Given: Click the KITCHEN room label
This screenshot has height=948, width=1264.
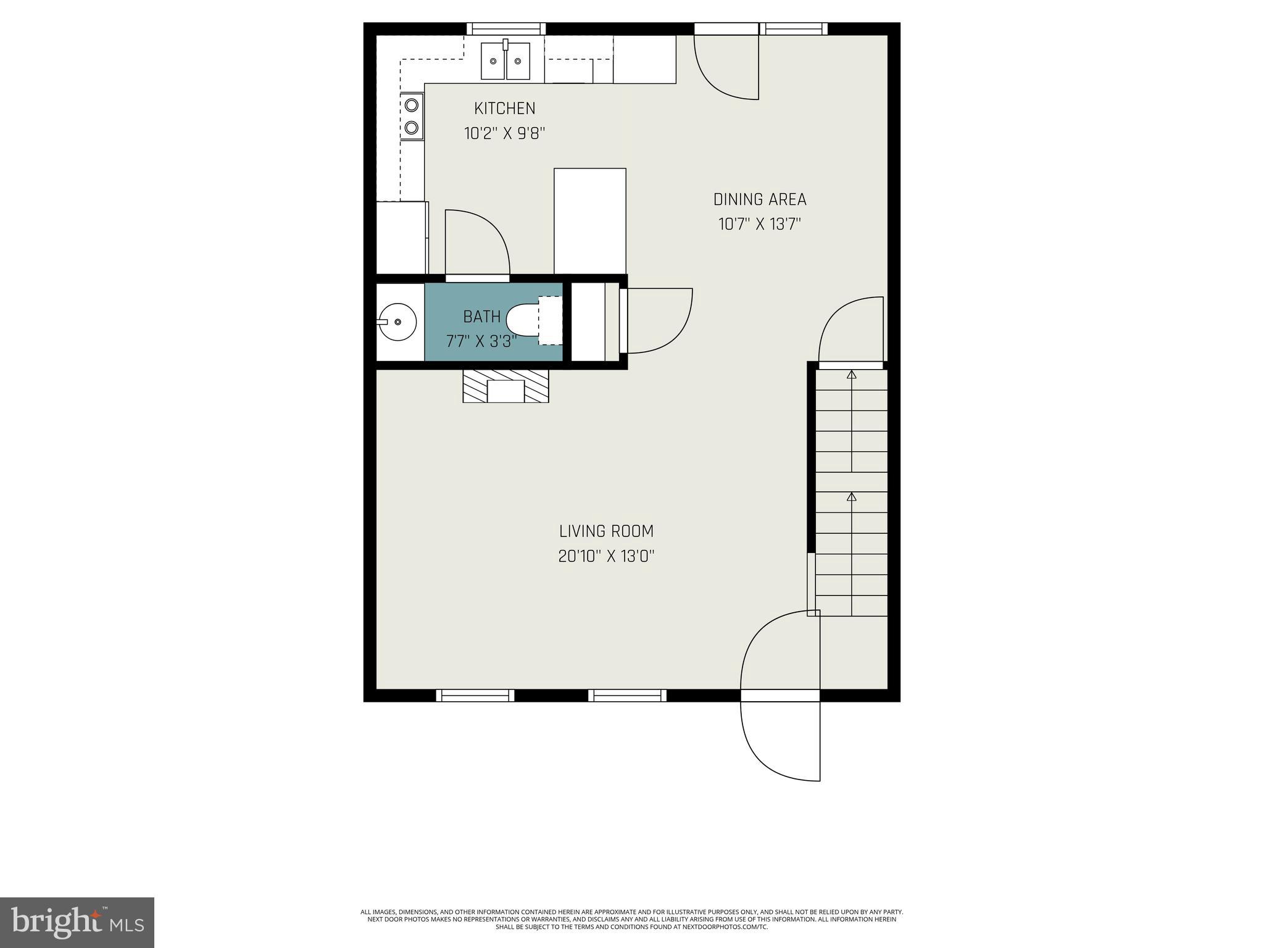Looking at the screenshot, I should coord(504,108).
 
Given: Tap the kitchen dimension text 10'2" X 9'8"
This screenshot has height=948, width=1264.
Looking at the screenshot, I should coord(504,133).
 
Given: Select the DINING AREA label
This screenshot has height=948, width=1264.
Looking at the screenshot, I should coord(759,199).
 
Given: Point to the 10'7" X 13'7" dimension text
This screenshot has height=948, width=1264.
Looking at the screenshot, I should coord(759,224).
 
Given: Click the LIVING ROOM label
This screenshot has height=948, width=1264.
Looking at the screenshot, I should coord(606,531).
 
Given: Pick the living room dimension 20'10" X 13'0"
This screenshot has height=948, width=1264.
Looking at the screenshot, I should coord(606,556).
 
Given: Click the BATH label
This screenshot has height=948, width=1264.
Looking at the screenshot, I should coord(481,317).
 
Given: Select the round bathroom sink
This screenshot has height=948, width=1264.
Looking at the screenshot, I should coord(396,322).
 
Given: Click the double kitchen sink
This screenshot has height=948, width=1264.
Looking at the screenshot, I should coord(505,61).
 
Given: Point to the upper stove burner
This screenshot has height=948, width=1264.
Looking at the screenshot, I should coord(411,105).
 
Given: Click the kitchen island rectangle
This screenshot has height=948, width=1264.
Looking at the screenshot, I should coord(589,220).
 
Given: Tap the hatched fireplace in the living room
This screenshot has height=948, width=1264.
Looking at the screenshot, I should coord(505,386).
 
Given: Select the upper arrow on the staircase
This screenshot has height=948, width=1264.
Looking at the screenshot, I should coord(852,375).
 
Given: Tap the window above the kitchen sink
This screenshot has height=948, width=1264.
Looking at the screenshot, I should coord(505,28).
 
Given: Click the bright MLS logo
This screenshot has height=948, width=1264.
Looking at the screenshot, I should coord(77,922).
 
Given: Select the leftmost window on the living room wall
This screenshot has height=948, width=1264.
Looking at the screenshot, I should coord(475,696).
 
